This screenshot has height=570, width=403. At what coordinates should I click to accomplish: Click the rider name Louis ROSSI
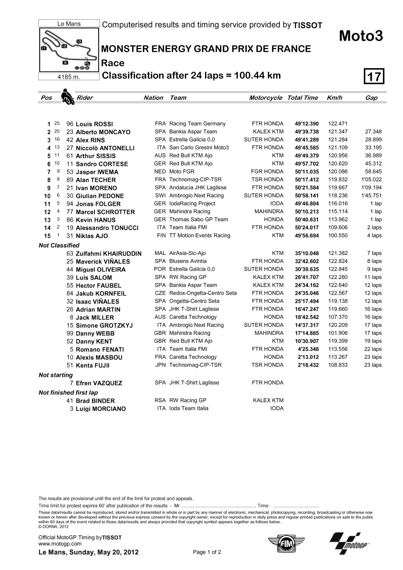pos(94,124)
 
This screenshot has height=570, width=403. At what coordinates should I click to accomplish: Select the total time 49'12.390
pos(307,124)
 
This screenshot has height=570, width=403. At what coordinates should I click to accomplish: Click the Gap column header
pos(371,98)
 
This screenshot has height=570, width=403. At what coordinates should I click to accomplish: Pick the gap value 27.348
pos(373,132)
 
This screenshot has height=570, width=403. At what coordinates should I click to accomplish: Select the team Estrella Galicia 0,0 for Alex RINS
pos(192,140)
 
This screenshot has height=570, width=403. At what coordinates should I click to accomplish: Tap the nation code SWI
pos(160,196)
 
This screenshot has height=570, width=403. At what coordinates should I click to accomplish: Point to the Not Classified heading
pos(59,245)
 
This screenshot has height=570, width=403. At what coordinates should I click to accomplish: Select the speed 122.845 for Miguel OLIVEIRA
pos(337,269)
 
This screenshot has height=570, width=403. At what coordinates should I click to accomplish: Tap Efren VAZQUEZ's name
pos(99,383)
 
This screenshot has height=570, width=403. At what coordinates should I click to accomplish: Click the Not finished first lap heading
pos(68,393)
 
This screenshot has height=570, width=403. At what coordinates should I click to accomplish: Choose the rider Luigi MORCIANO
pos(101,409)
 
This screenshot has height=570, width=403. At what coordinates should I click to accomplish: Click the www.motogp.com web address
pos(60,544)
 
